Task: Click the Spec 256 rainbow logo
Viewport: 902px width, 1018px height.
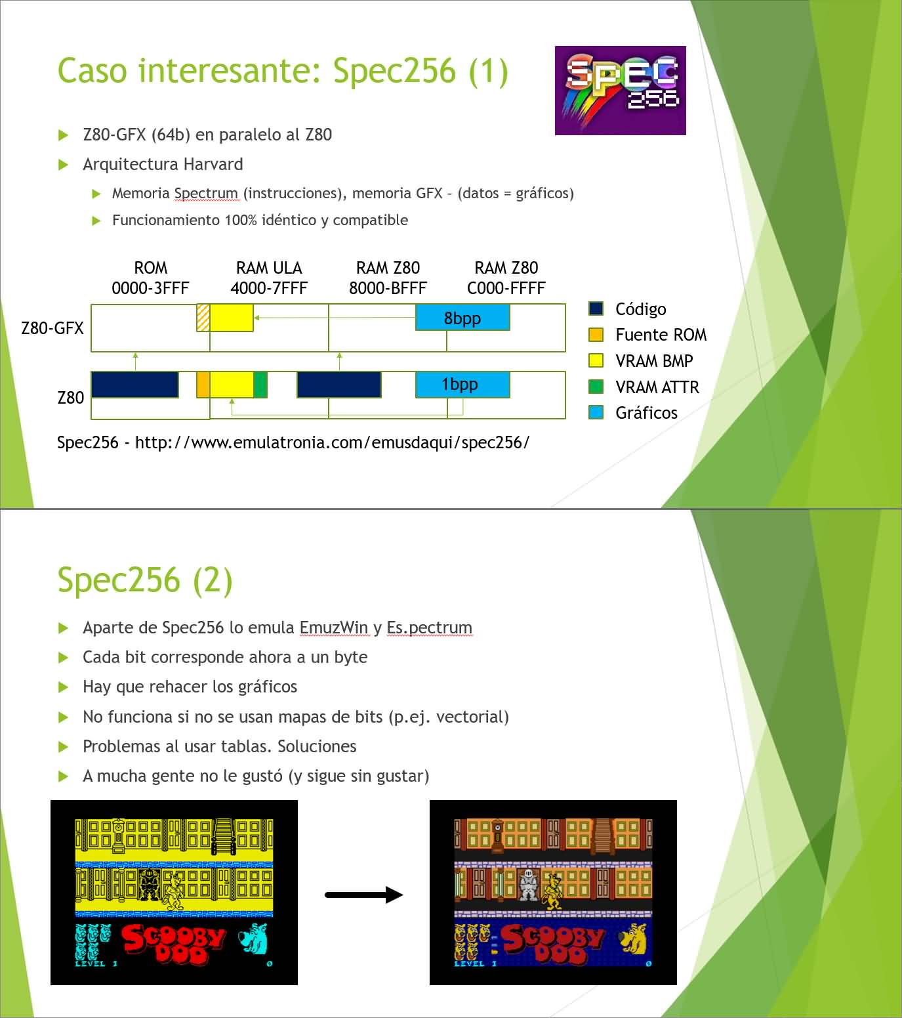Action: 620,91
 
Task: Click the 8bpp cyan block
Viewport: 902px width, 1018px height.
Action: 462,318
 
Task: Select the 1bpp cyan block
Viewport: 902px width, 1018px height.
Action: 462,385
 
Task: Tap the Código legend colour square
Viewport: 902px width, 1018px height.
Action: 596,308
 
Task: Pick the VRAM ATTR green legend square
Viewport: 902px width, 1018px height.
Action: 596,387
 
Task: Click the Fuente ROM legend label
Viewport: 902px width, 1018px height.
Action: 661,335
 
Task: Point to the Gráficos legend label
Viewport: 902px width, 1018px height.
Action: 646,413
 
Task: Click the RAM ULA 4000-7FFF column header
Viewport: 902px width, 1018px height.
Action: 269,278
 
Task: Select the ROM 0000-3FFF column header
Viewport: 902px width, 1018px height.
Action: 150,278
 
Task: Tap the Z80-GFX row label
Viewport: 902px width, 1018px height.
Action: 52,328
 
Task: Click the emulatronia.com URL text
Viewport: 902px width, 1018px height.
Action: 332,442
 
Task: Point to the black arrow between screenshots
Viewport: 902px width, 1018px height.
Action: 364,895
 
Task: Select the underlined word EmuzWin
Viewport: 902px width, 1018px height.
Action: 334,627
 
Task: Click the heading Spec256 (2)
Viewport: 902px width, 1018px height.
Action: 145,580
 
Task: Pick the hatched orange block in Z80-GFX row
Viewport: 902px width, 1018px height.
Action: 203,318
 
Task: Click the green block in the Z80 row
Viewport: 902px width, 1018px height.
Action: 260,385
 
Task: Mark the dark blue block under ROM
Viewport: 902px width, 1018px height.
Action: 134,385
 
